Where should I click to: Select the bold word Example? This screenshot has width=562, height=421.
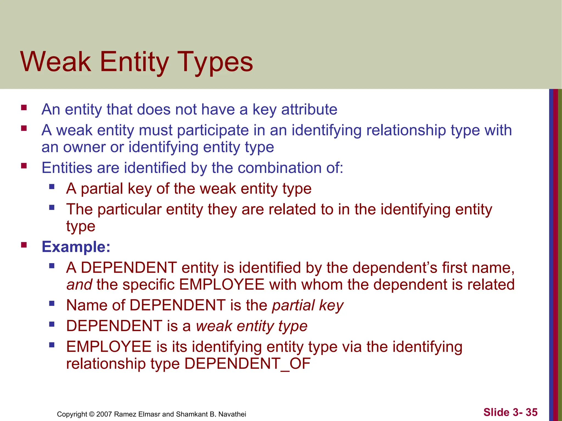(x=76, y=247)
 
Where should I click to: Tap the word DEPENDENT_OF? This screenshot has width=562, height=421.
(x=247, y=364)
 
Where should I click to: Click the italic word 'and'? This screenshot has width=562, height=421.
(x=79, y=285)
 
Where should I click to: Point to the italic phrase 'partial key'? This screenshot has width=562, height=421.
(x=308, y=305)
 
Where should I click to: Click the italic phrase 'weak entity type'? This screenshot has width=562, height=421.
(x=252, y=326)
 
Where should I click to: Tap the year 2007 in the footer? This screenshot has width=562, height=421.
(x=104, y=414)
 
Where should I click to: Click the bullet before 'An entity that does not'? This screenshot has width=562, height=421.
(x=24, y=107)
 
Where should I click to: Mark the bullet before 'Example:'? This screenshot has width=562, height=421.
(x=24, y=245)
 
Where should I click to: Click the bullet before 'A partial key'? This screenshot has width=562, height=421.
(x=52, y=187)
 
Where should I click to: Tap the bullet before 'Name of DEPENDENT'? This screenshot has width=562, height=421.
(x=52, y=303)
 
